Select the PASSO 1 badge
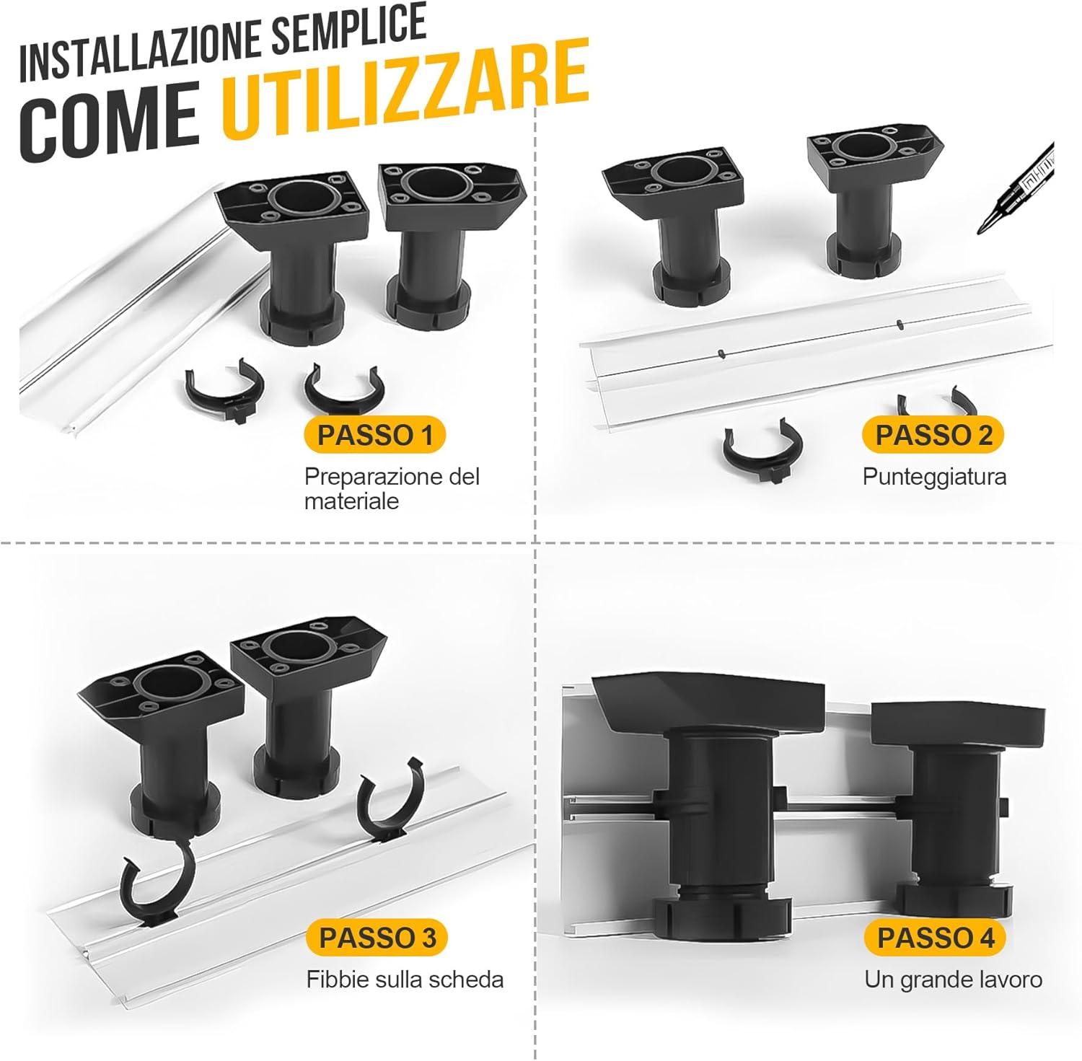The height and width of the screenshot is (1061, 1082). (x=375, y=435)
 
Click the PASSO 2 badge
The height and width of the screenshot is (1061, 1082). (x=933, y=435)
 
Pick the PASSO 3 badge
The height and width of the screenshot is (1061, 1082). (x=377, y=938)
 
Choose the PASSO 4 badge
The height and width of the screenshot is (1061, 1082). (x=936, y=938)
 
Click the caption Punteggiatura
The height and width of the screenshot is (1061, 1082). (x=934, y=477)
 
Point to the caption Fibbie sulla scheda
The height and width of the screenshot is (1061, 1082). (x=405, y=979)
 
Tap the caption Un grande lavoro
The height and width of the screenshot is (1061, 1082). (x=954, y=979)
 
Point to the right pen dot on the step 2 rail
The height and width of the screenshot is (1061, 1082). (x=899, y=324)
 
